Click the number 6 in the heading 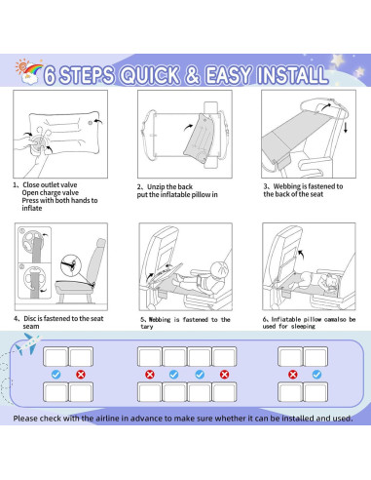77,74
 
